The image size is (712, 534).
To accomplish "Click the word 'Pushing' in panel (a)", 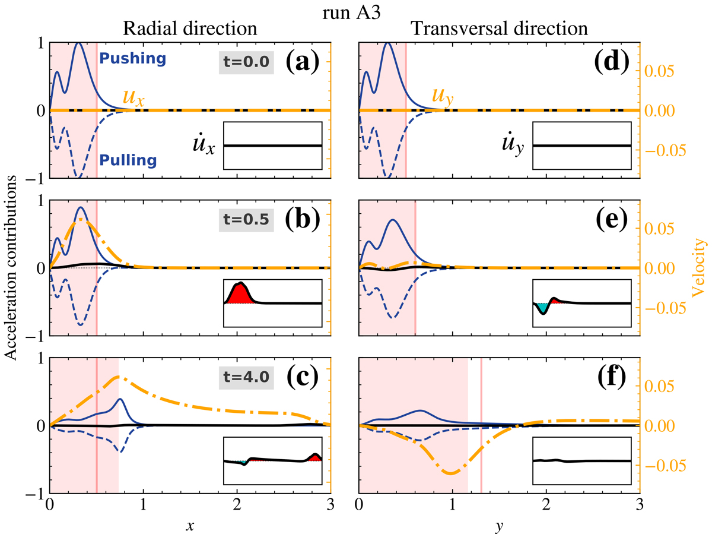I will [x=132, y=59].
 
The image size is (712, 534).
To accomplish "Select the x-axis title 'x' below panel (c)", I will [x=190, y=525].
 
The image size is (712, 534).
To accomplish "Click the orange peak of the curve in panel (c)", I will [x=119, y=377].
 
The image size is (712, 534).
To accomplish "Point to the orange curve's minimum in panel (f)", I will [x=451, y=473].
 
